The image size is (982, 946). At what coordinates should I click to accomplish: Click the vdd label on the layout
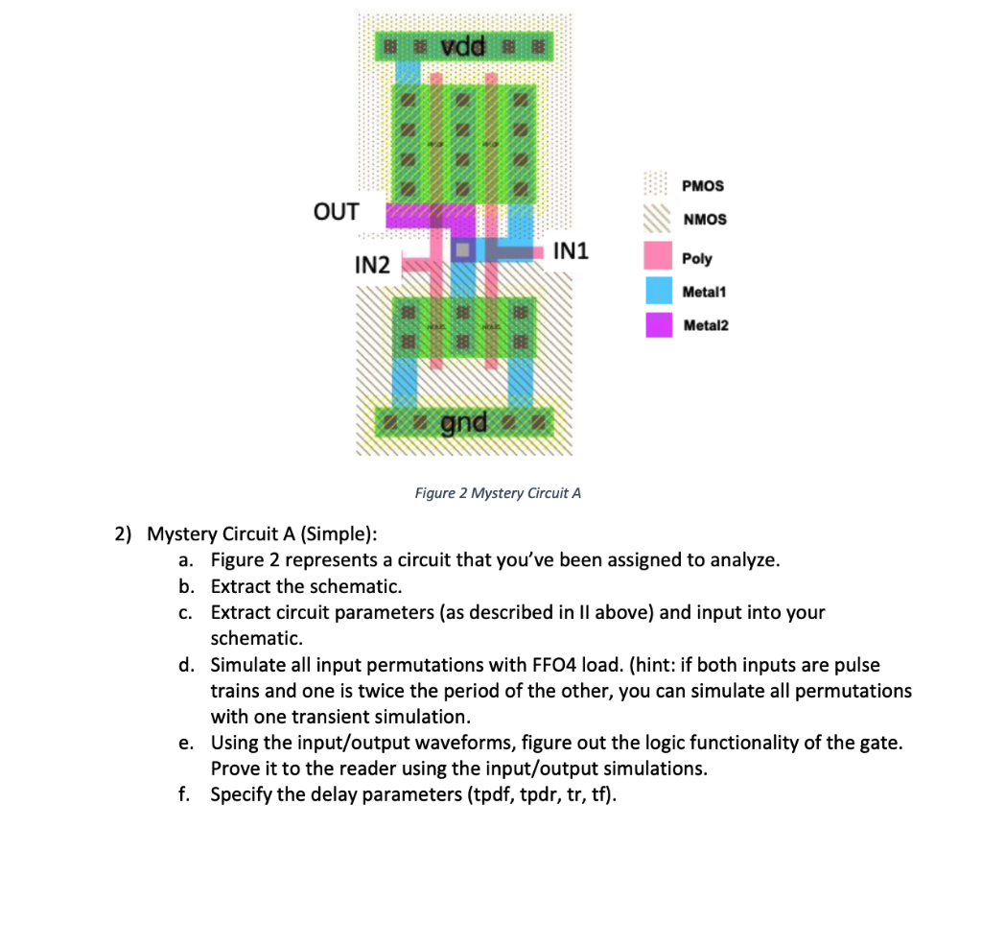tap(464, 45)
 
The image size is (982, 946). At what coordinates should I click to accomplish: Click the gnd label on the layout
tap(464, 421)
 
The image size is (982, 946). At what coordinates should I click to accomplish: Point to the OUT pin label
tap(336, 211)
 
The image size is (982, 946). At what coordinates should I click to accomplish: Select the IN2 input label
tap(372, 265)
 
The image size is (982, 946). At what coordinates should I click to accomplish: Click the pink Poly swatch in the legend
tap(658, 255)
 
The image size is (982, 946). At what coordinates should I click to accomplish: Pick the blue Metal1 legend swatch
tap(658, 290)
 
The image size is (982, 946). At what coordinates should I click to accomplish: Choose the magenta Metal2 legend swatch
tap(658, 324)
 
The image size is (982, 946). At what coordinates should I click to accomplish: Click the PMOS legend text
tap(703, 185)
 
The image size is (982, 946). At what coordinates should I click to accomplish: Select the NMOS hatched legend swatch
tap(658, 220)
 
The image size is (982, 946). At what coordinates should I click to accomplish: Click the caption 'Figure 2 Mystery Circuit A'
tap(498, 493)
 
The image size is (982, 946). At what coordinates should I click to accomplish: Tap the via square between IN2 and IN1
tap(464, 250)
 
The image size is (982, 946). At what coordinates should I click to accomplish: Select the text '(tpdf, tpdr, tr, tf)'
tap(532, 794)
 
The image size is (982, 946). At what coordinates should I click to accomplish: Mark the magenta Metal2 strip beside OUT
tap(422, 215)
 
